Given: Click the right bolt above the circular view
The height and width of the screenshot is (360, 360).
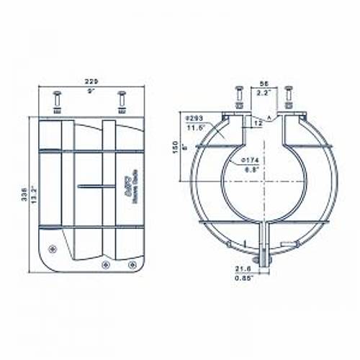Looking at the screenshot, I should pos(288,97).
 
